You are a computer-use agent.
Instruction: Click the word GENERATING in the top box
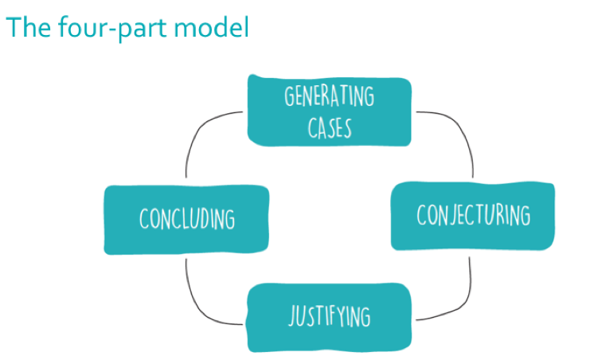[329, 98]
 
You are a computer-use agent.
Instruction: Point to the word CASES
[330, 126]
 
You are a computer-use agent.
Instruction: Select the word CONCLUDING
[187, 217]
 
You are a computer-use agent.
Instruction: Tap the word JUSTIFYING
[329, 315]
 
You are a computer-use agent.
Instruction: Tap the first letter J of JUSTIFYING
[291, 316]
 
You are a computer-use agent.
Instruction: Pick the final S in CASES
[347, 126]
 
